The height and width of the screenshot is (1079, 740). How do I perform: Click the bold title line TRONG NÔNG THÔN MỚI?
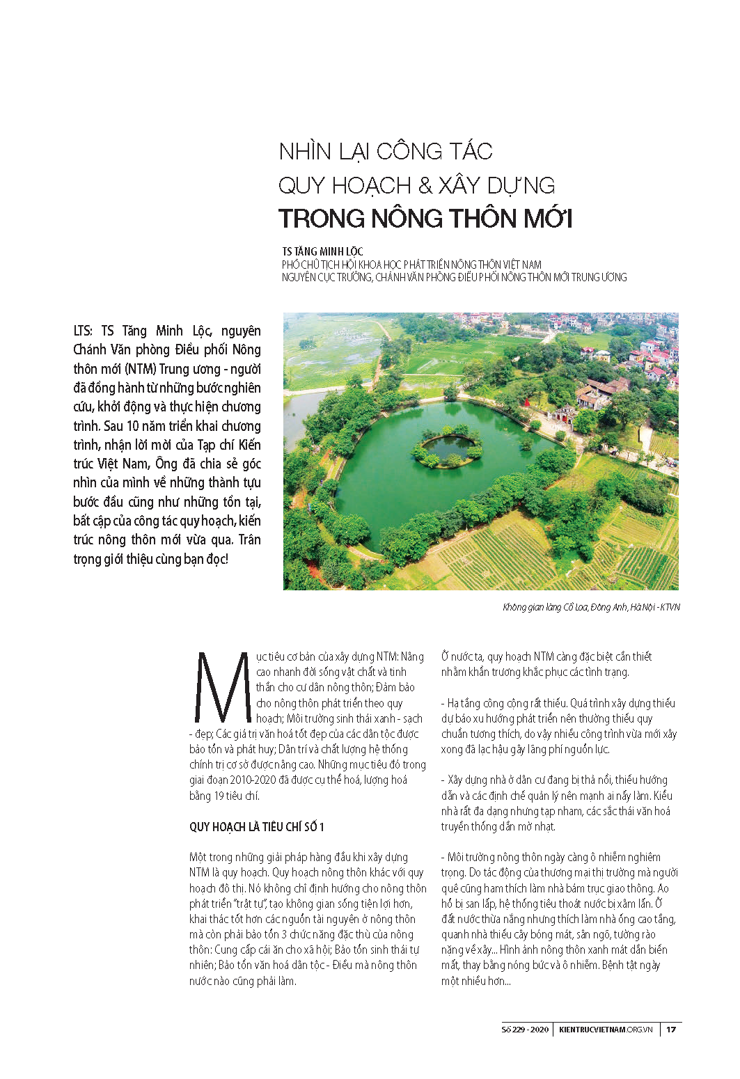pyautogui.click(x=425, y=219)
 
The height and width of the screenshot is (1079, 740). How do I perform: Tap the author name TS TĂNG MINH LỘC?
pyautogui.click(x=322, y=251)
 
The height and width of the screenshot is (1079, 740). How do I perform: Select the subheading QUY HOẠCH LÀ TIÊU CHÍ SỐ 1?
pyautogui.click(x=257, y=827)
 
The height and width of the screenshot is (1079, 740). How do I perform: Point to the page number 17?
pyautogui.click(x=671, y=1030)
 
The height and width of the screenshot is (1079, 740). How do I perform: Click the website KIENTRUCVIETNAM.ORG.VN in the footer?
pyautogui.click(x=606, y=1030)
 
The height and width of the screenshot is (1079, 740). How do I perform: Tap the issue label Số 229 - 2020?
pyautogui.click(x=525, y=1030)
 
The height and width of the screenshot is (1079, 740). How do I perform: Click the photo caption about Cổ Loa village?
pyautogui.click(x=591, y=607)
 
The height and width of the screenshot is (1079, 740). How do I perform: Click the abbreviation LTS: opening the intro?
pyautogui.click(x=83, y=331)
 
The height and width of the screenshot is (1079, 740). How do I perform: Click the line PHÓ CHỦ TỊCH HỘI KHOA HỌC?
pyautogui.click(x=411, y=265)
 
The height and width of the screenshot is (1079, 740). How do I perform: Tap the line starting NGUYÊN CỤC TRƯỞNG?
pyautogui.click(x=454, y=277)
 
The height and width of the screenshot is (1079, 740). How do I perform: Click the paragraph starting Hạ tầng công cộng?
pyautogui.click(x=559, y=726)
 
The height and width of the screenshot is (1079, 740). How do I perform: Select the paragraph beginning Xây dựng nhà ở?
pyautogui.click(x=557, y=803)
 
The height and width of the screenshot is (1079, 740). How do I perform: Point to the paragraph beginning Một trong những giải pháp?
pyautogui.click(x=307, y=919)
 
